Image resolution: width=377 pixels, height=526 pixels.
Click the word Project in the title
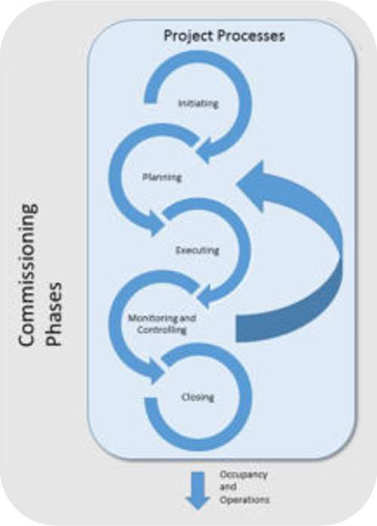point(188,36)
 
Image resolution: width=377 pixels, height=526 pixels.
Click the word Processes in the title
point(251,35)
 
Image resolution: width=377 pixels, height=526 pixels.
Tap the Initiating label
point(198,103)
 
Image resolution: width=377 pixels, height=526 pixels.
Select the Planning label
point(162,177)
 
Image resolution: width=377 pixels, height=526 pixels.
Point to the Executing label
point(198,250)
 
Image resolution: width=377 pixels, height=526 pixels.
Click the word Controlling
point(162,330)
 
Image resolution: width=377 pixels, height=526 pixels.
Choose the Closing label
point(198,397)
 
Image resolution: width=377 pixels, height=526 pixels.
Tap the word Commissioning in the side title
point(27,275)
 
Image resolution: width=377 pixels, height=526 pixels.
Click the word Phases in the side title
point(54,314)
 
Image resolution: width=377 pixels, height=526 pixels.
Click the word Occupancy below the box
point(244,475)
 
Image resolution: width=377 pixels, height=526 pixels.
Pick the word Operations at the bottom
point(245,500)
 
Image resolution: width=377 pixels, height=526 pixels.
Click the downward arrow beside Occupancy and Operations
point(198,491)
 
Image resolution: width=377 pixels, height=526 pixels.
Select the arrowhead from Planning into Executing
point(155,224)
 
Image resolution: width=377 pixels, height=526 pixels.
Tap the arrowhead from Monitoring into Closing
point(155,370)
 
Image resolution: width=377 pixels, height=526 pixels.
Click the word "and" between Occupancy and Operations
point(228,487)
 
